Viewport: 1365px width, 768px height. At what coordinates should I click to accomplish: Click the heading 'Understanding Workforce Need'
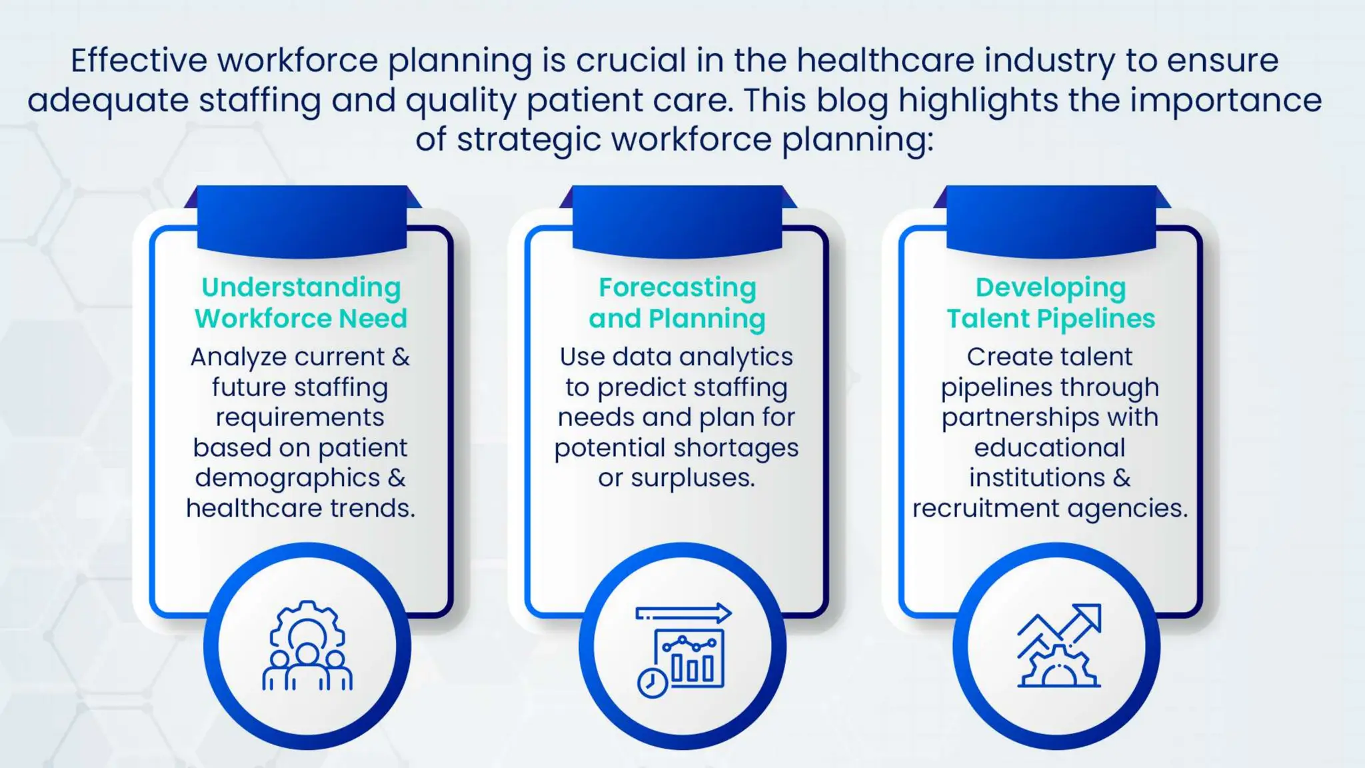pyautogui.click(x=301, y=303)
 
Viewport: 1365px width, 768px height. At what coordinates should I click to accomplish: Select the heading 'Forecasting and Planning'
pyautogui.click(x=677, y=303)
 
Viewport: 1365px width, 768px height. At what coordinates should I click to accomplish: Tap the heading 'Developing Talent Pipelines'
pyautogui.click(x=1051, y=303)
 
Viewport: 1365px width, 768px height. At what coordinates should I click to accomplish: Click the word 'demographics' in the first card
pyautogui.click(x=287, y=479)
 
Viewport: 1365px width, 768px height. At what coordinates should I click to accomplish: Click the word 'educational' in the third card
pyautogui.click(x=1050, y=448)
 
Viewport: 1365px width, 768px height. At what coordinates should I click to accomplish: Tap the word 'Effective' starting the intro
pyautogui.click(x=139, y=61)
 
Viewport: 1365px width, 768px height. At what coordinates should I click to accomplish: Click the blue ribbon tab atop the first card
pyautogui.click(x=302, y=220)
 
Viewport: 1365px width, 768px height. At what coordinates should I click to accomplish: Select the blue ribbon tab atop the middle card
pyautogui.click(x=677, y=220)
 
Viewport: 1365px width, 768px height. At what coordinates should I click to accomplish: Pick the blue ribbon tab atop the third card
pyautogui.click(x=1051, y=220)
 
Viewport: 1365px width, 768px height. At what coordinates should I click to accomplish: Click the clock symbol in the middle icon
pyautogui.click(x=652, y=683)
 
